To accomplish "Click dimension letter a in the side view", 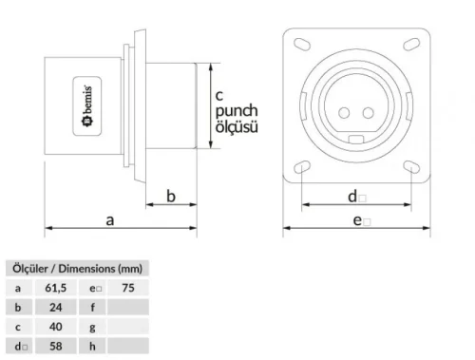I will [110, 219].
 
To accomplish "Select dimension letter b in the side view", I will [171, 196].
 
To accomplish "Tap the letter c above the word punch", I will [218, 95].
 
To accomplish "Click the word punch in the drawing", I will [234, 111].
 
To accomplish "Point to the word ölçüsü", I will [235, 126].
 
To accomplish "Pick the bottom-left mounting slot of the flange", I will [303, 167].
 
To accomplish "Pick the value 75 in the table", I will [128, 286].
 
